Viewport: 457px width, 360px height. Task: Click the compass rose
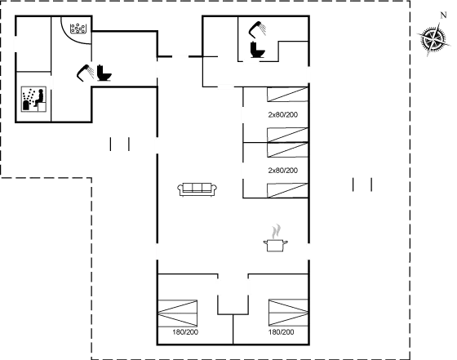(429, 40)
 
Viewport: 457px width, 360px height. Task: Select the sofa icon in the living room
(197, 189)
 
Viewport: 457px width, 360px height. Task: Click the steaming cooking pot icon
(274, 238)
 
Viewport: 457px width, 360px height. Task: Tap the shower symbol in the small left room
(33, 99)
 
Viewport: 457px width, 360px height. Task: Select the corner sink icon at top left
(78, 29)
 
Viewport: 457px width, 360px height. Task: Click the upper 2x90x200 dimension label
(282, 115)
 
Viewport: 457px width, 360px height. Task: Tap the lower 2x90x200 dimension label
(282, 170)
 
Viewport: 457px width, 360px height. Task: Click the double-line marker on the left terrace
(119, 144)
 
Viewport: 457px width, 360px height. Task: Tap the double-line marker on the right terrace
(362, 184)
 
